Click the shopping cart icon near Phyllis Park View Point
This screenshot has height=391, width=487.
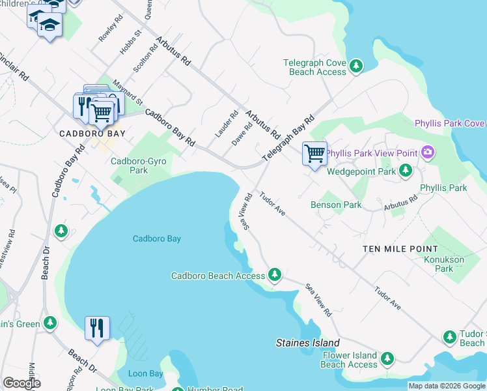[x=314, y=154]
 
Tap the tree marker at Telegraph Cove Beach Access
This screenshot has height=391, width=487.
[x=356, y=66]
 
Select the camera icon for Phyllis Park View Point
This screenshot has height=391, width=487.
[x=428, y=153]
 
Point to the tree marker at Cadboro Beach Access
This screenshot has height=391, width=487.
[x=275, y=275]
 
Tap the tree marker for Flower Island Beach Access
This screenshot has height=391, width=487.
[x=387, y=359]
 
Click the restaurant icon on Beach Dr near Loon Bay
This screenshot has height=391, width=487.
[x=97, y=328]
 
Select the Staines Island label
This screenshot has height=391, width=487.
[x=307, y=343]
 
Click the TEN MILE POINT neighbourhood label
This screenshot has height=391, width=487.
[x=400, y=249]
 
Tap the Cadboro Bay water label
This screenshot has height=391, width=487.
[x=156, y=239]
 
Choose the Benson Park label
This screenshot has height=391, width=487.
[x=336, y=205]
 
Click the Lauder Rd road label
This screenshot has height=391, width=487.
[x=225, y=124]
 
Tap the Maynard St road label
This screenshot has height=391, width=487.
[x=127, y=93]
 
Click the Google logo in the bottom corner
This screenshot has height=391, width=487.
[x=21, y=383]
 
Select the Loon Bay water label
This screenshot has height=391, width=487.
[x=145, y=373]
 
